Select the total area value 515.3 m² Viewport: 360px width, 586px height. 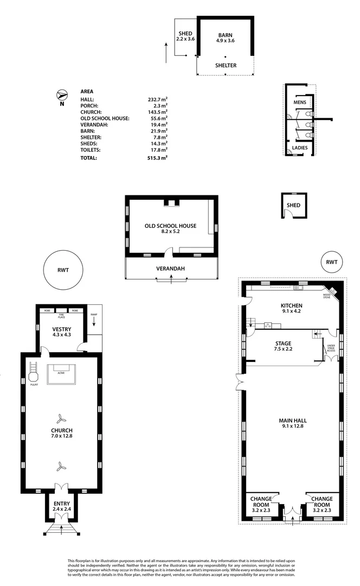[x=158, y=158]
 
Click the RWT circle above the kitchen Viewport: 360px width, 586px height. [x=331, y=262]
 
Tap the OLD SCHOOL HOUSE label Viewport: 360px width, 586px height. [x=170, y=226]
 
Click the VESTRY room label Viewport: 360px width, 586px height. [x=61, y=329]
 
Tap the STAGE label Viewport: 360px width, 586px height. [x=283, y=343]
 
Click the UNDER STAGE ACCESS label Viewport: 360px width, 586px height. [x=331, y=347]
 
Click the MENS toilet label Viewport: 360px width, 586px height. [x=300, y=102]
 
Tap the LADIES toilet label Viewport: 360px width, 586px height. [x=300, y=148]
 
